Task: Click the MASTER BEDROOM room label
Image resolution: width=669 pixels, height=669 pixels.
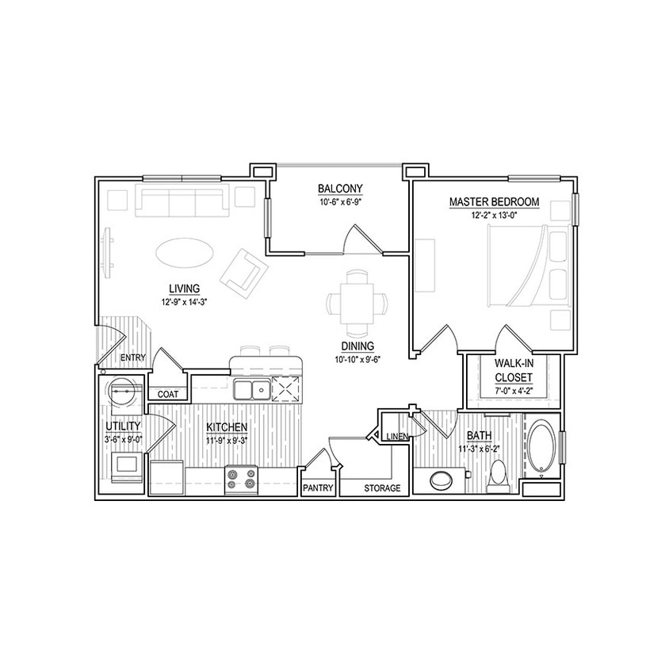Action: pyautogui.click(x=494, y=202)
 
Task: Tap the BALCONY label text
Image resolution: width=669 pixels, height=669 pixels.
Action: pyautogui.click(x=340, y=189)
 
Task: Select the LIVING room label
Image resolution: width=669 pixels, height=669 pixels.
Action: pyautogui.click(x=183, y=288)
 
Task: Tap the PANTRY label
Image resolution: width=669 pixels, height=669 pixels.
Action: pyautogui.click(x=317, y=488)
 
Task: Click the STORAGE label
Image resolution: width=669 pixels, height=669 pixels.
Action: pyautogui.click(x=382, y=488)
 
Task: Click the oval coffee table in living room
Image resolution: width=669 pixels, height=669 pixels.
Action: pyautogui.click(x=183, y=254)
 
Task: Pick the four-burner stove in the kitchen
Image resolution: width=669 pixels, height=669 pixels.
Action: pyautogui.click(x=241, y=480)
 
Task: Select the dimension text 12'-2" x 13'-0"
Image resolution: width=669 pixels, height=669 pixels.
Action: pyautogui.click(x=494, y=215)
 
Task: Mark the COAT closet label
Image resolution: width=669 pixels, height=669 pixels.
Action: pyautogui.click(x=167, y=394)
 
